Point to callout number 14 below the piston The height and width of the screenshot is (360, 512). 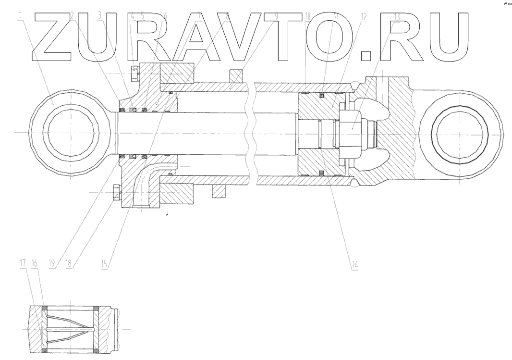click(x=355, y=264)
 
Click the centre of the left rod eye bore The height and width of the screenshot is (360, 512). click(x=70, y=131)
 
